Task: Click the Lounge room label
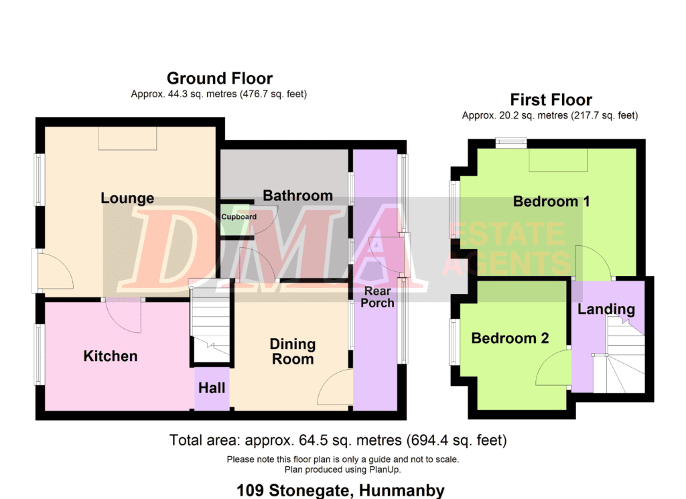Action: pyautogui.click(x=127, y=198)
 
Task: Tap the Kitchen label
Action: pyautogui.click(x=111, y=356)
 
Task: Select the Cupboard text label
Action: pyautogui.click(x=239, y=217)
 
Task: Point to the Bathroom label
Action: pyautogui.click(x=297, y=196)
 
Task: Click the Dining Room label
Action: pyautogui.click(x=293, y=352)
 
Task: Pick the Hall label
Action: pyautogui.click(x=212, y=388)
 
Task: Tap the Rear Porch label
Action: pyautogui.click(x=377, y=297)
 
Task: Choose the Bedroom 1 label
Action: pyautogui.click(x=551, y=202)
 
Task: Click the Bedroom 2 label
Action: pyautogui.click(x=510, y=338)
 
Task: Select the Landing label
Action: pyautogui.click(x=606, y=309)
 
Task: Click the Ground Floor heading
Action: pyautogui.click(x=220, y=79)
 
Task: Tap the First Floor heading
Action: pyautogui.click(x=551, y=100)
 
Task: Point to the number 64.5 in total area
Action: pyautogui.click(x=314, y=440)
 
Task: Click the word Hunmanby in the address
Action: pyautogui.click(x=402, y=491)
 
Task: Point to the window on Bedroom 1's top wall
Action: pyautogui.click(x=511, y=142)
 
